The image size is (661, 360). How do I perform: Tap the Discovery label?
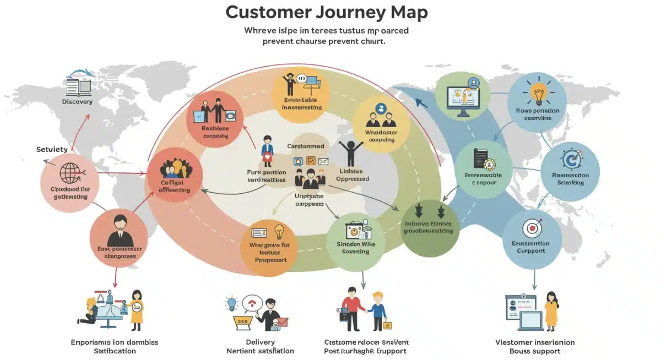(x=77, y=102)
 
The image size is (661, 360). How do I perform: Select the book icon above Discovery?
(x=78, y=86)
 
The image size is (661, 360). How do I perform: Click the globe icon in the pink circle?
(x=69, y=172)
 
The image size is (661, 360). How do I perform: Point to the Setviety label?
(x=52, y=149)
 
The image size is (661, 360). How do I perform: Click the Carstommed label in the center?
(x=306, y=146)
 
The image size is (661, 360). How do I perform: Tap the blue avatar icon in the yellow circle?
(x=381, y=108)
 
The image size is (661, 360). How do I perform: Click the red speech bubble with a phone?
(x=254, y=302)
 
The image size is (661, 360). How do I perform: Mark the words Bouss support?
(x=534, y=351)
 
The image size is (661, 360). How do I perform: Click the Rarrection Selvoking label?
(x=570, y=179)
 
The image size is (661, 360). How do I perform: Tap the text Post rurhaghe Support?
(x=365, y=351)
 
